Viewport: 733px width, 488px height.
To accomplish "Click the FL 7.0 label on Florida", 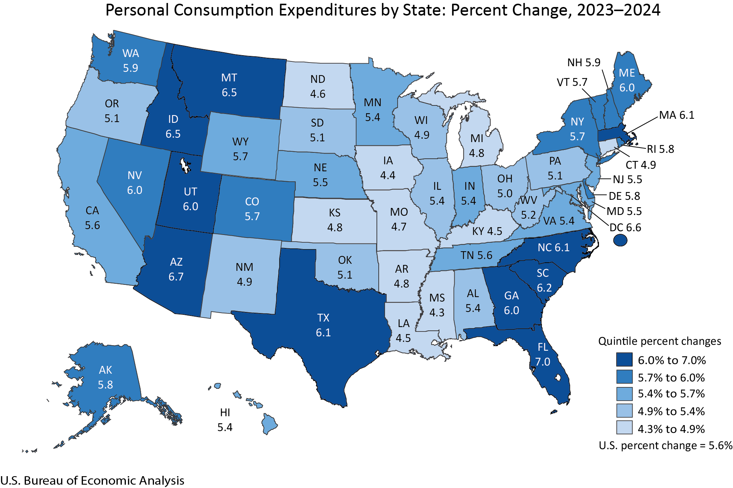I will (x=543, y=354).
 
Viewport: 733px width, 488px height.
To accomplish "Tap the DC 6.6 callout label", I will (x=625, y=227).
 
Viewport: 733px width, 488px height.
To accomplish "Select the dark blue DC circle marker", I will (x=620, y=240).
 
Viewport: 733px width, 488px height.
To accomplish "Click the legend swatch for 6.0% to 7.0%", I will (x=624, y=360).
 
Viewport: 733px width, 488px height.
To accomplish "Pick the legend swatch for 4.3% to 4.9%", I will (x=624, y=428).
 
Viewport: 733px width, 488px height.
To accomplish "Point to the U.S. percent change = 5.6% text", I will (x=665, y=445).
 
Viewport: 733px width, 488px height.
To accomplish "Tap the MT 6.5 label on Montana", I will (x=229, y=85).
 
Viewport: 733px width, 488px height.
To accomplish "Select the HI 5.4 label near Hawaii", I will (x=225, y=420).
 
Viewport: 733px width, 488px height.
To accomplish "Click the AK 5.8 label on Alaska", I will (x=106, y=377).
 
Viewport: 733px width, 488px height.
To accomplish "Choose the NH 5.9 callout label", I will (x=584, y=63).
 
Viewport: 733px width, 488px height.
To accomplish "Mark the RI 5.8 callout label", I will (x=660, y=149).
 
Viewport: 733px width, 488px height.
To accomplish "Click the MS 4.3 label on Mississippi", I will (x=437, y=305).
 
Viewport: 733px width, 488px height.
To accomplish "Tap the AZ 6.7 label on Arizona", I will (x=176, y=269).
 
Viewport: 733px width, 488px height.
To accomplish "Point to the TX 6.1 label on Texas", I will (x=323, y=325).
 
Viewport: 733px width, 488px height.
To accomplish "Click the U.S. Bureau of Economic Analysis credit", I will (x=92, y=480).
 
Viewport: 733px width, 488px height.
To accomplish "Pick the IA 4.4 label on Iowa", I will (x=388, y=168).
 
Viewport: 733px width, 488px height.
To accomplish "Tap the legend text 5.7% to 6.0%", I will (x=671, y=377).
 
